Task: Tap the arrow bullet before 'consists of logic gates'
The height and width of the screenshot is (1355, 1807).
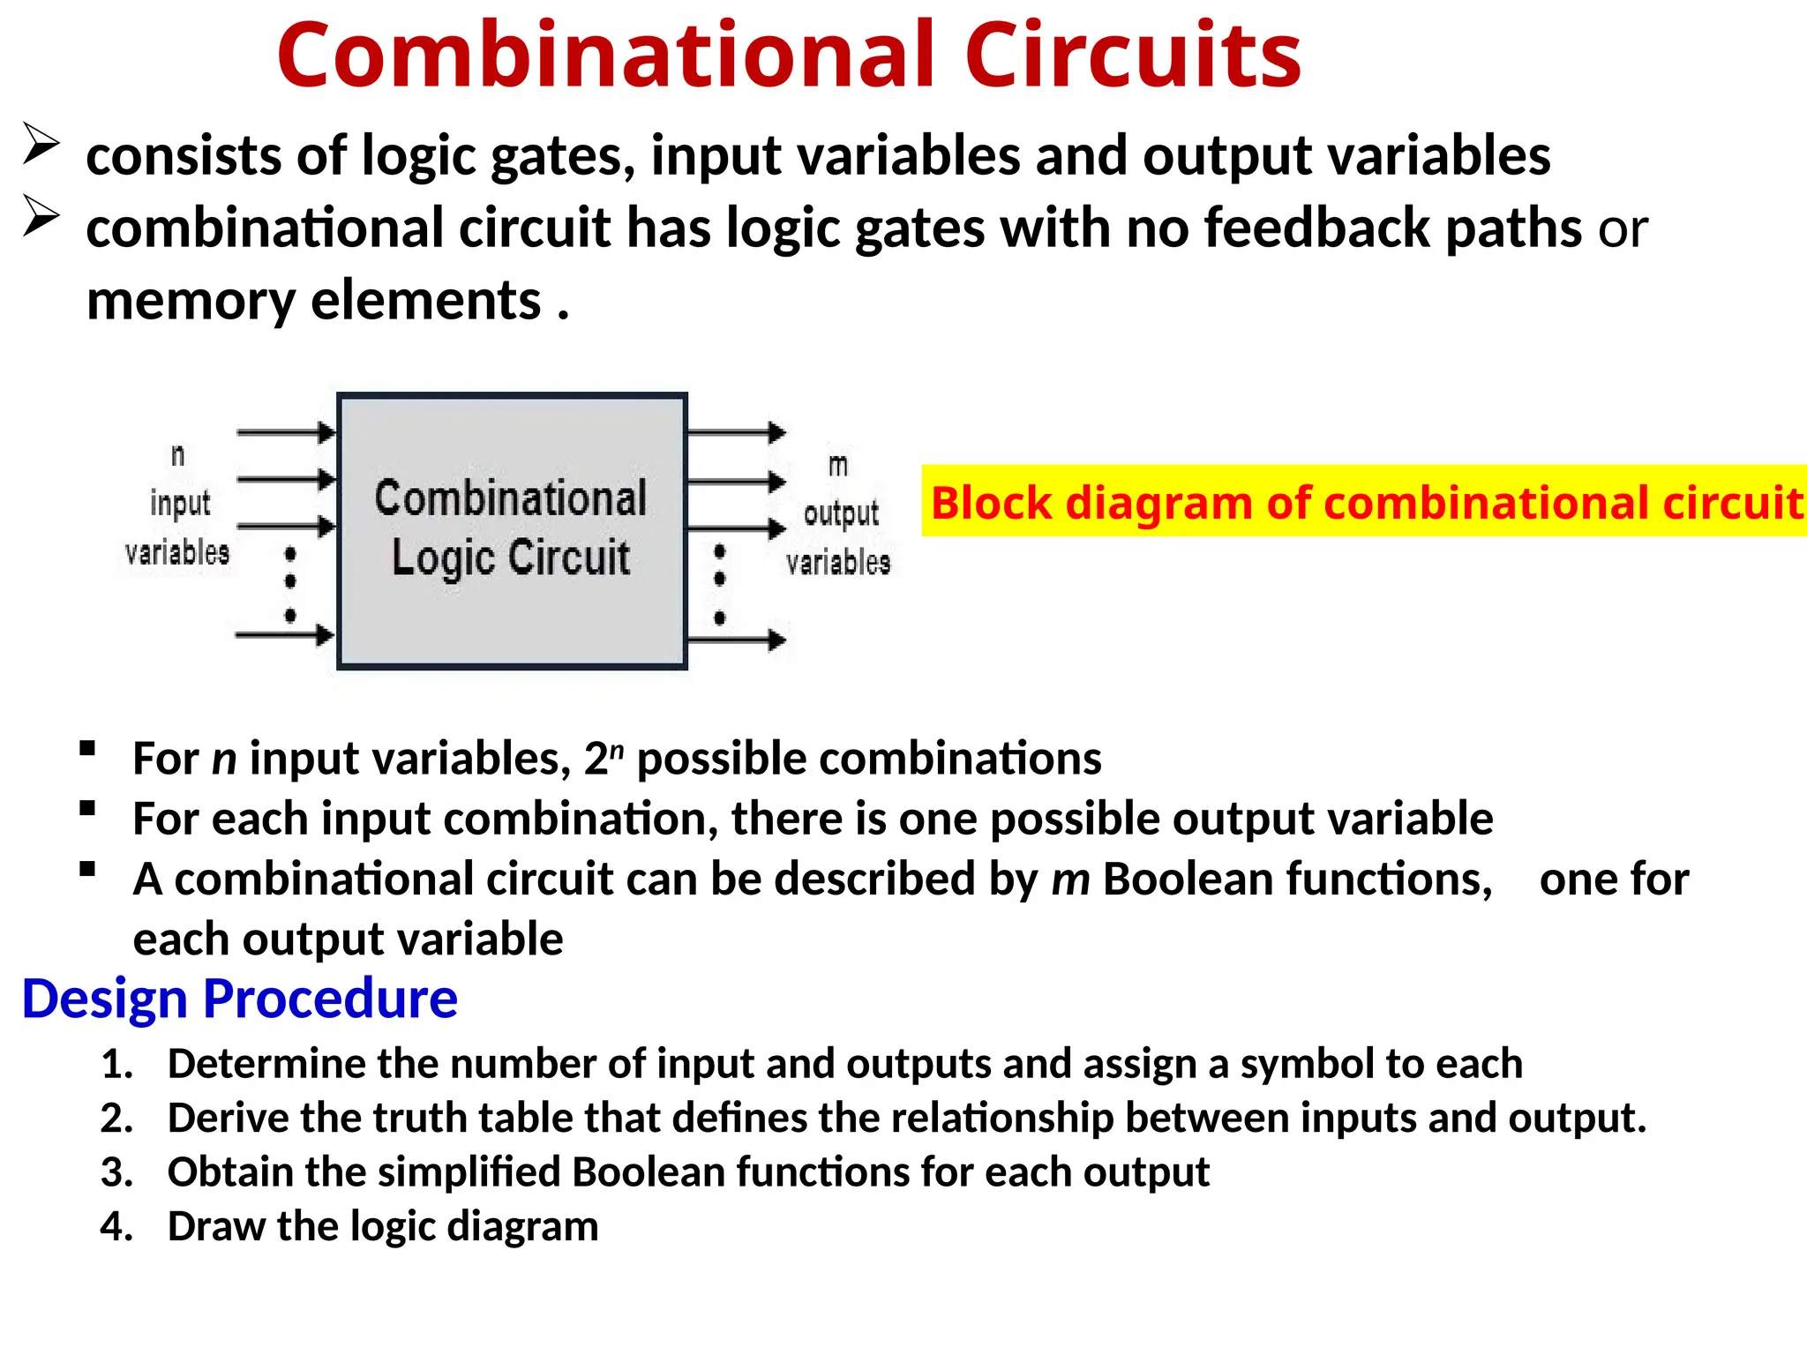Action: pos(41,144)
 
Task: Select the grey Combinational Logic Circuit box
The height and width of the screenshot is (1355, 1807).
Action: pos(512,530)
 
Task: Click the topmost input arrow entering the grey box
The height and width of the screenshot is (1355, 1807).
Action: pos(286,432)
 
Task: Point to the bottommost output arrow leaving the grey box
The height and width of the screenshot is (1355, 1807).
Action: pos(736,640)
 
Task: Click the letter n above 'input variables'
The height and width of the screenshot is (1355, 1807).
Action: pos(178,455)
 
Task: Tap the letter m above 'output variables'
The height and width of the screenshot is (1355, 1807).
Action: pos(838,465)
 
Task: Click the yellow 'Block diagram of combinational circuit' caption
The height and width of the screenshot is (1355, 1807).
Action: pos(1364,502)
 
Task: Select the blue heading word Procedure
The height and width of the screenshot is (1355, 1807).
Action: pos(330,999)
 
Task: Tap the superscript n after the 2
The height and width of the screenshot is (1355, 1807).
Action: pos(617,750)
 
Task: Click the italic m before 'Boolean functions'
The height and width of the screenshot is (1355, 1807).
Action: pos(1070,880)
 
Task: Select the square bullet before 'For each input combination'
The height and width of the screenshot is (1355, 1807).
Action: pos(87,809)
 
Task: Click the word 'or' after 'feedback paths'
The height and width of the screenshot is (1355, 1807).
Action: pos(1623,229)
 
